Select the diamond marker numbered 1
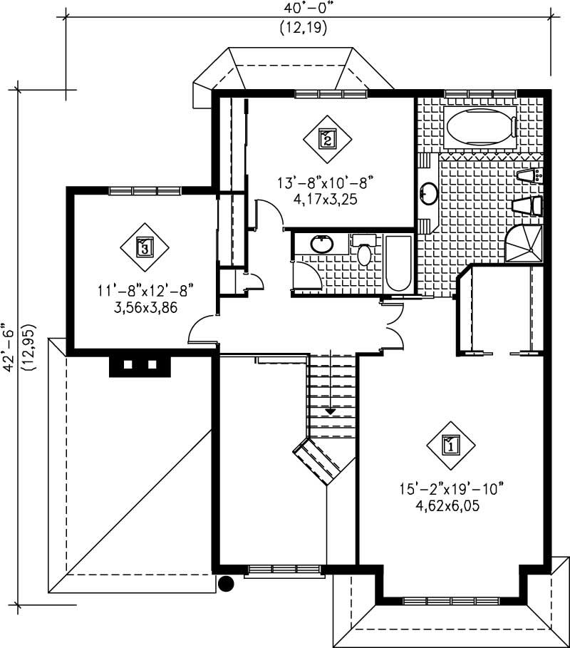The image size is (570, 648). pyautogui.click(x=450, y=446)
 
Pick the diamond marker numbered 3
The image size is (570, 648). pyautogui.click(x=145, y=247)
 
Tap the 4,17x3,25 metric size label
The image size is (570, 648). pyautogui.click(x=325, y=200)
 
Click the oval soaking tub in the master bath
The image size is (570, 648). pyautogui.click(x=480, y=128)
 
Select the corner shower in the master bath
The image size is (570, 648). pyautogui.click(x=524, y=244)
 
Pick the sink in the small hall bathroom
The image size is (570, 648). pyautogui.click(x=322, y=244)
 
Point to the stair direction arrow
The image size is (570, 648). pyautogui.click(x=330, y=411)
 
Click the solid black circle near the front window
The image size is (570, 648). pyautogui.click(x=226, y=584)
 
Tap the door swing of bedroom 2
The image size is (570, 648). pyautogui.click(x=266, y=212)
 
